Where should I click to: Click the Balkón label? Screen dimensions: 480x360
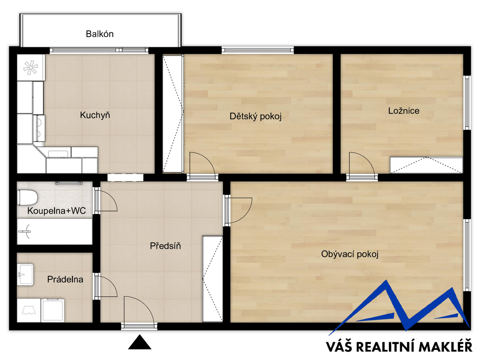tap(100, 34)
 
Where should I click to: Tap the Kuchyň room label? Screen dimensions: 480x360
tap(95, 115)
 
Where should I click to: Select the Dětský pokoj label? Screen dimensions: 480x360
tap(255, 116)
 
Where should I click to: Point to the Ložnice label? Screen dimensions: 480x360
tap(403, 111)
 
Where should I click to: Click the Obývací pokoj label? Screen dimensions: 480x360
tap(349, 254)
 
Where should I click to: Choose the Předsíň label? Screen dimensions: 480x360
tap(165, 246)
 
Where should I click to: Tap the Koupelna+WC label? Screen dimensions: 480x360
tap(56, 211)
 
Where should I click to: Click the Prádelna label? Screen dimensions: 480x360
tap(65, 279)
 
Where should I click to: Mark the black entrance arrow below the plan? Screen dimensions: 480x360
tap(139, 342)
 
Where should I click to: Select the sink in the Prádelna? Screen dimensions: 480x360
tap(25, 274)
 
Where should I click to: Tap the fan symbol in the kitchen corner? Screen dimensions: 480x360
tap(31, 67)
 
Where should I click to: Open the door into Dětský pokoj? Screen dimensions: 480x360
tap(202, 166)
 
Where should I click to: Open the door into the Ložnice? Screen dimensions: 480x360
tap(362, 166)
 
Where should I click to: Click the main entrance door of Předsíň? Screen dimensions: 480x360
tap(139, 313)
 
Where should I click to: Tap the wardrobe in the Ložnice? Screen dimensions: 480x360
tap(426, 165)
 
